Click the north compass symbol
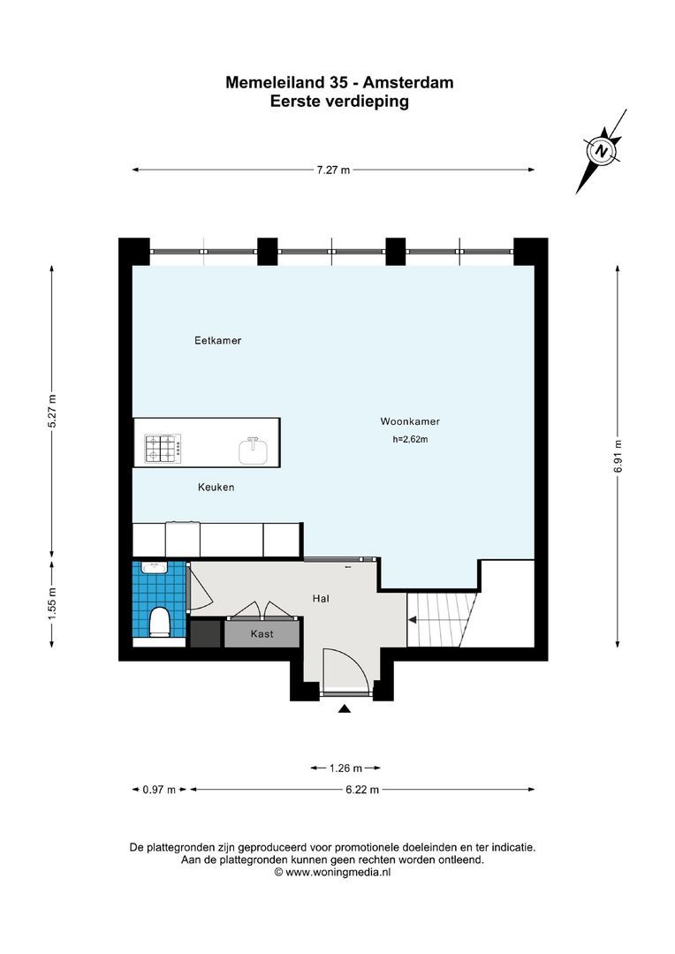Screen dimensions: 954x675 coord(603,151)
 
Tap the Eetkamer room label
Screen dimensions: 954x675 coord(218,340)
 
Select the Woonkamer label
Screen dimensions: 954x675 coord(410,421)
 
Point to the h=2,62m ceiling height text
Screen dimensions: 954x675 coord(410,439)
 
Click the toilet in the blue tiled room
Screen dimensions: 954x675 coord(160,621)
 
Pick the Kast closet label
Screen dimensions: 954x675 coord(262,634)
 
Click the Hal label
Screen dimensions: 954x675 coord(321,599)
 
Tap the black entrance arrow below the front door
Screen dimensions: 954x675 coord(344,708)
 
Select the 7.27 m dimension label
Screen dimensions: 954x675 coord(333,170)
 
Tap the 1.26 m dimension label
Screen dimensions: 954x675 coord(345,768)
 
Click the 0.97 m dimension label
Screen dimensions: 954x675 coord(159,790)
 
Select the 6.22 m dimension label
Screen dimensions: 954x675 coord(362,790)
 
